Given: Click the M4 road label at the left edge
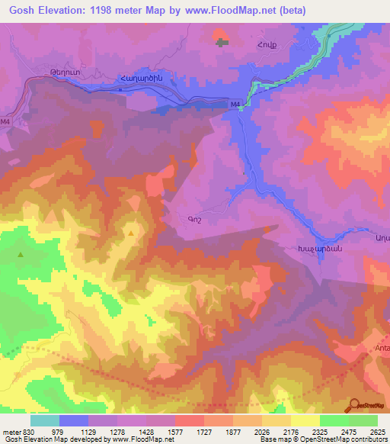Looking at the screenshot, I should coord(6,121).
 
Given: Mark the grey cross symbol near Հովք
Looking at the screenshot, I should coord(222,42).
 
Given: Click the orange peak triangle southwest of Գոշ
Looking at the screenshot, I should coord(133,233).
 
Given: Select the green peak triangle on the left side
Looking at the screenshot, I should coord(21,255).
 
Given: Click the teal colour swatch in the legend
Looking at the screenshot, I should coord(45,420).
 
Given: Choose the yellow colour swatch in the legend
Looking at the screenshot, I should coord(305,420).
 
